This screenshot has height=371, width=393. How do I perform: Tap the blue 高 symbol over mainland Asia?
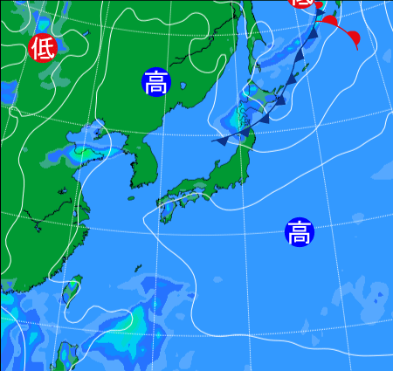click(x=155, y=83)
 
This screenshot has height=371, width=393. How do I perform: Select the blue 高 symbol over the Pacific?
click(x=300, y=233)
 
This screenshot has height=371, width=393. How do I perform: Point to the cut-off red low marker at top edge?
click(x=302, y=3)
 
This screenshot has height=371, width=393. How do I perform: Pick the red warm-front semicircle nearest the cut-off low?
click(x=329, y=19)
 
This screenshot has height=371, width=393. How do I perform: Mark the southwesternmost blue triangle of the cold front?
click(x=222, y=140)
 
